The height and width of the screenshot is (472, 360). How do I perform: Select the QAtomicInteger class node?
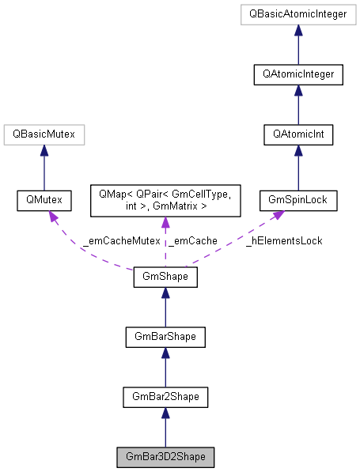(298, 75)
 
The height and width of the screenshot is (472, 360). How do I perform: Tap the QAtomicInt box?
(298, 135)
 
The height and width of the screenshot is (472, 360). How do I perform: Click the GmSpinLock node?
(298, 202)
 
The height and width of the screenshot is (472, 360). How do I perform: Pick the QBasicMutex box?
(44, 135)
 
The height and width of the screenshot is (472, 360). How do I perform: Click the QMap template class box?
(165, 202)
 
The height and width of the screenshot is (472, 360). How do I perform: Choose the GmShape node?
(165, 278)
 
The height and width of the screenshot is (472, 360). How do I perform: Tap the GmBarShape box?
(165, 338)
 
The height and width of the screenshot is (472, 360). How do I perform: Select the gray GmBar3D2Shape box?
(165, 457)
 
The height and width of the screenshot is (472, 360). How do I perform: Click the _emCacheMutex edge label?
(120, 240)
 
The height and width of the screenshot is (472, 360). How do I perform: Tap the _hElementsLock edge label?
(282, 240)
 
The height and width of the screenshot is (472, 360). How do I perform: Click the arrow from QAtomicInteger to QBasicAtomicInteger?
(298, 45)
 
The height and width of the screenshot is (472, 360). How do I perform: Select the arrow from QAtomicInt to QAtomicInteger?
(298, 105)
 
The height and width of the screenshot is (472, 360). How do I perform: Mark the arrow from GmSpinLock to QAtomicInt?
(298, 168)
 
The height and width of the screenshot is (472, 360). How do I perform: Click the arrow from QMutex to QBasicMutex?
(44, 168)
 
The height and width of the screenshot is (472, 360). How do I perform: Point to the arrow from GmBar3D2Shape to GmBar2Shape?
(165, 428)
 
